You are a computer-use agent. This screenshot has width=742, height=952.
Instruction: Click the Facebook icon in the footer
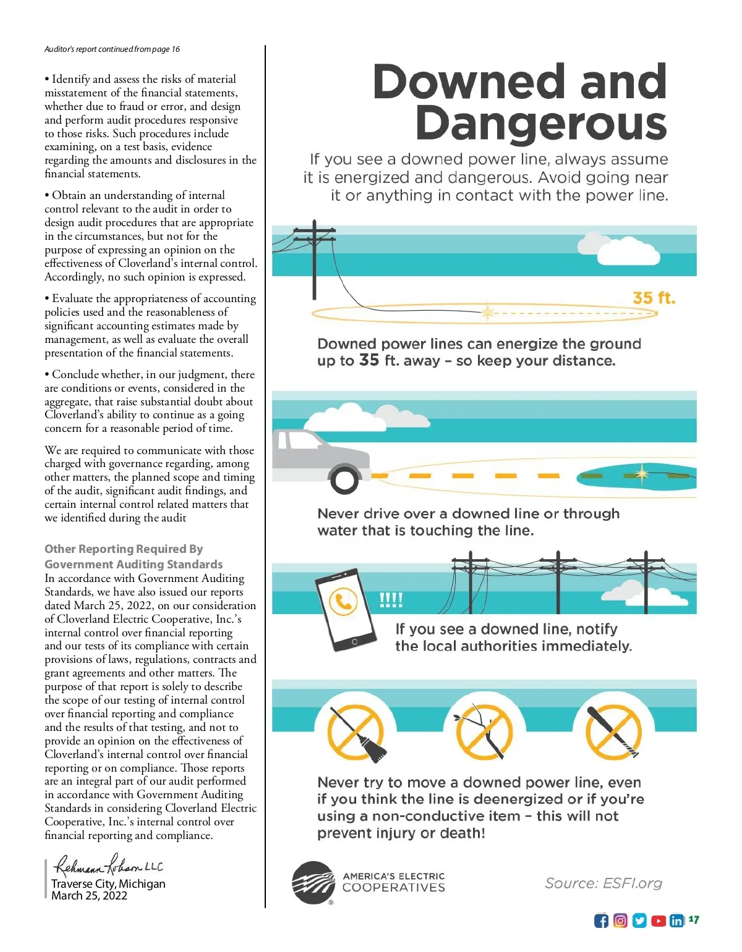point(601,920)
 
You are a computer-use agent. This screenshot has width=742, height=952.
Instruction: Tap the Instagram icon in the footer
point(620,920)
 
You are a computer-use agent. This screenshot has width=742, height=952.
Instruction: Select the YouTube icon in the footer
point(659,920)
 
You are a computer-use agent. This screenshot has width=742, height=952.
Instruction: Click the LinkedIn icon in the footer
point(677,920)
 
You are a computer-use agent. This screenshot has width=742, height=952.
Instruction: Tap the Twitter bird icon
point(639,920)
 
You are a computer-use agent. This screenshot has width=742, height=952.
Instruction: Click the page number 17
point(694,919)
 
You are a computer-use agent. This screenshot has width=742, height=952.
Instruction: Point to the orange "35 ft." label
point(654,298)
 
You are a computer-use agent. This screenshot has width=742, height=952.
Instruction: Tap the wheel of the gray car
point(344,479)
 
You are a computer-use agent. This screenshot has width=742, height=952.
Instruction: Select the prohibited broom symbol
point(356,732)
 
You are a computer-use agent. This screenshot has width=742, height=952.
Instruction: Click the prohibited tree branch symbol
point(484,732)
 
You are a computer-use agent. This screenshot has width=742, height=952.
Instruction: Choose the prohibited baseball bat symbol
point(613,732)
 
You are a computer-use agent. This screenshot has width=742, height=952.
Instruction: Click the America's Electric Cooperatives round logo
point(313,883)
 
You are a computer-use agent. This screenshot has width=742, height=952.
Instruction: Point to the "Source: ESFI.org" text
point(603,883)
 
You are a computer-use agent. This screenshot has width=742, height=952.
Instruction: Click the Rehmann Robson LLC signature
point(109,866)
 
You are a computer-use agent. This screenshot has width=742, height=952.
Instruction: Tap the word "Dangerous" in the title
point(541,123)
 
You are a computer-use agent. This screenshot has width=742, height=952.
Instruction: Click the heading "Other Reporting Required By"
point(124,549)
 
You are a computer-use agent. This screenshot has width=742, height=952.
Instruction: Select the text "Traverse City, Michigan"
point(108,883)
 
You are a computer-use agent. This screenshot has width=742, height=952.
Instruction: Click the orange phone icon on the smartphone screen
point(343,600)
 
